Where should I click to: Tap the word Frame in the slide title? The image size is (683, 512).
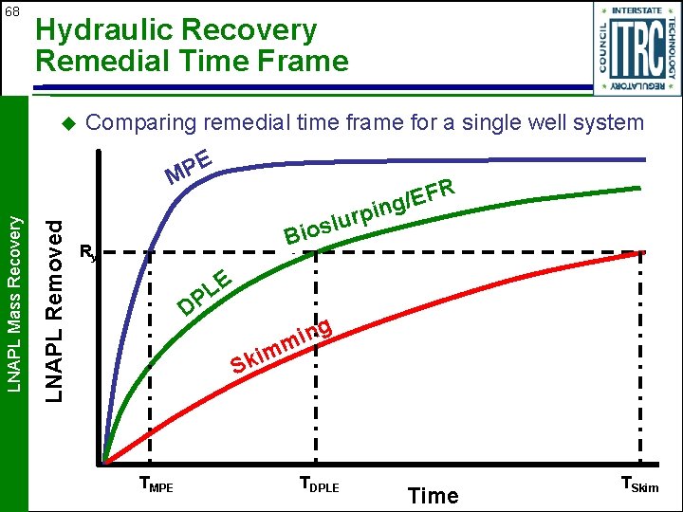click(307, 62)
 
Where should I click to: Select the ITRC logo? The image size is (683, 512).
click(637, 48)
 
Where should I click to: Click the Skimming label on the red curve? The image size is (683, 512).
click(281, 348)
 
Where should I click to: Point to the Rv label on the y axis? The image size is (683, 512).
click(87, 252)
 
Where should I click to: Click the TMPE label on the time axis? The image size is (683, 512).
click(157, 485)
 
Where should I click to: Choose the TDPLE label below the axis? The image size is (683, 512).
click(319, 485)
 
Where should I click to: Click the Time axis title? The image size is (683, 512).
click(433, 495)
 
